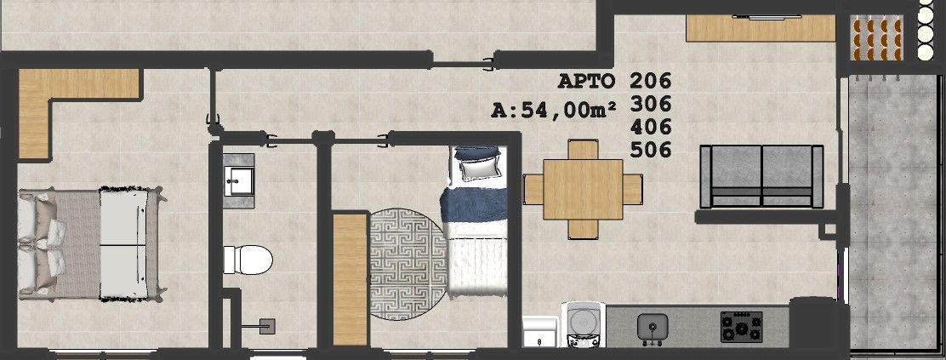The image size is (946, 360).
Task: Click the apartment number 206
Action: tap(650, 80)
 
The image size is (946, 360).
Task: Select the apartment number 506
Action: tap(650, 150)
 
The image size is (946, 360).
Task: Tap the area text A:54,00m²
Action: tap(555, 110)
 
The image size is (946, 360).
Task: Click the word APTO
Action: tap(586, 81)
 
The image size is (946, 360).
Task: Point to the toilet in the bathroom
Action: tap(248, 260)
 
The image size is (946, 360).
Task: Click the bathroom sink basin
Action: tap(239, 180)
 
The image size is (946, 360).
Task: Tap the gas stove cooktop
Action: tap(742, 327)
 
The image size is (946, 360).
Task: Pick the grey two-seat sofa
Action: tap(761, 176)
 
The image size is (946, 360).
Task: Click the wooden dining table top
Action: tap(583, 189)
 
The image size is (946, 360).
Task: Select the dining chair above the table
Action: tap(583, 150)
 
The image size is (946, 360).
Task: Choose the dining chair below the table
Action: tap(583, 229)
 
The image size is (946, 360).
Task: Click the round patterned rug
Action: tap(408, 264)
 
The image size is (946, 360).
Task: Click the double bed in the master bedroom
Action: tap(90, 244)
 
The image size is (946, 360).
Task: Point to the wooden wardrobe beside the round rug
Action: tap(350, 279)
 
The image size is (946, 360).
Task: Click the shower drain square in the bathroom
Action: tap(267, 326)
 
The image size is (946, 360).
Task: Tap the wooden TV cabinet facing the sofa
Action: tap(761, 28)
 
